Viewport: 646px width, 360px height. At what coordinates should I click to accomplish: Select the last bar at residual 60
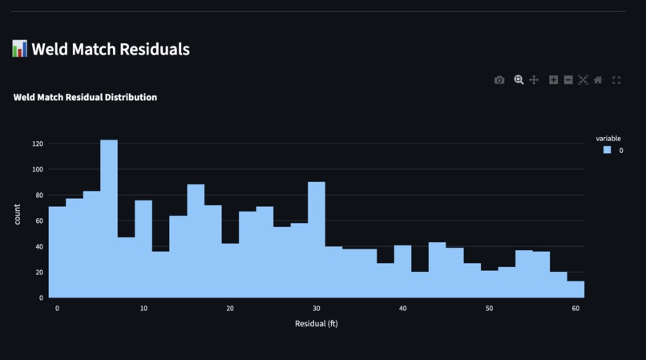coord(575,289)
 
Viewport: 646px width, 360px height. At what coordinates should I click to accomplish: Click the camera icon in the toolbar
coord(499,80)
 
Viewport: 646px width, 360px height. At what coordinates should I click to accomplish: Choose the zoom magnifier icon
coord(519,80)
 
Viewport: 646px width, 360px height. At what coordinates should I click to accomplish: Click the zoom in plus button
coord(553,80)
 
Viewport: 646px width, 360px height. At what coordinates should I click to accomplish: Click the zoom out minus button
coord(568,80)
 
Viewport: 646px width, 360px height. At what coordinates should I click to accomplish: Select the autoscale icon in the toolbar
coord(583,80)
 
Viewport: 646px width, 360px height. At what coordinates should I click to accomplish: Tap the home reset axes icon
coord(598,80)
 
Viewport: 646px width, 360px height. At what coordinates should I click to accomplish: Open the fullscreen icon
coord(616,80)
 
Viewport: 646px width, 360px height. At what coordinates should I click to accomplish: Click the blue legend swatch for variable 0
coord(608,150)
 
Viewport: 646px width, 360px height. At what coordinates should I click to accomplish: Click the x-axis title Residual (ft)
coord(317,324)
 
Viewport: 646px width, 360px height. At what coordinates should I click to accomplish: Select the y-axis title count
coord(18,215)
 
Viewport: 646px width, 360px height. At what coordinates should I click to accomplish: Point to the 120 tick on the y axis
coord(38,144)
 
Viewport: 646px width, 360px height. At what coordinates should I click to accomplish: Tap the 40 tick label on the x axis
coord(403,309)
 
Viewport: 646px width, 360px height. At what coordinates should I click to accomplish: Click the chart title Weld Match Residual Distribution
coord(85,97)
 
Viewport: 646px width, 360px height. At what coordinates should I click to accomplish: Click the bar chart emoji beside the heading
coord(20,49)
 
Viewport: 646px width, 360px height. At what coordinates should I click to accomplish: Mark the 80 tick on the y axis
coord(39,195)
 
